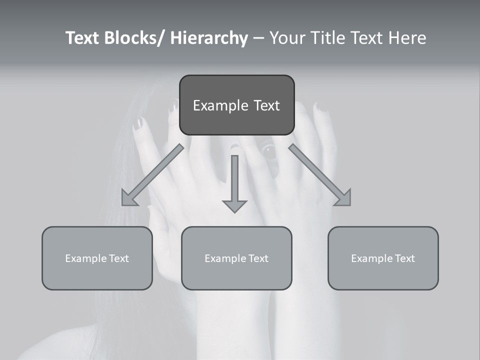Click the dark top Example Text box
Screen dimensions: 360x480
click(x=236, y=105)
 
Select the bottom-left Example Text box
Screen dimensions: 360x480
click(x=97, y=258)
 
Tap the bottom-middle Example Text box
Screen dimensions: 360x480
click(x=236, y=258)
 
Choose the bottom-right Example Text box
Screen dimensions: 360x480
click(x=383, y=258)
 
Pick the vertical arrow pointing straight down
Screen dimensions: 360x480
click(x=234, y=182)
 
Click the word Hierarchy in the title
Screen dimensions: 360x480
click(x=209, y=38)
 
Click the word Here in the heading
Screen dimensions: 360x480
click(x=408, y=38)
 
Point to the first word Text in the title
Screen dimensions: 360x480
click(x=82, y=38)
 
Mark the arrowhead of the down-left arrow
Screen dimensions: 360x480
click(x=129, y=198)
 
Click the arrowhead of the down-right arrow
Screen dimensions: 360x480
click(x=343, y=198)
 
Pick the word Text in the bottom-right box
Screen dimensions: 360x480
click(x=404, y=258)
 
